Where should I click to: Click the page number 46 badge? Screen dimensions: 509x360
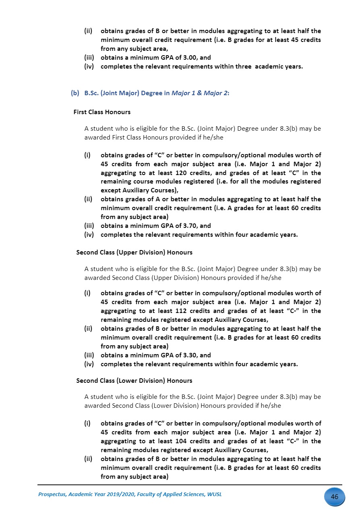tap(334, 497)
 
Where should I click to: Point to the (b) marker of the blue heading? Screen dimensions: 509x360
tap(75, 93)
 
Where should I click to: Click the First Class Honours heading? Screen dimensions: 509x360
tap(102, 112)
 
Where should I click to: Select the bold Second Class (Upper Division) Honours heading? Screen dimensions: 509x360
tap(134, 252)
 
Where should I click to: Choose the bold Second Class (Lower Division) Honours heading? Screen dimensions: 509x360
tap(134, 381)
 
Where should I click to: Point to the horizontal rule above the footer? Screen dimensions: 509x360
tap(189, 485)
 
